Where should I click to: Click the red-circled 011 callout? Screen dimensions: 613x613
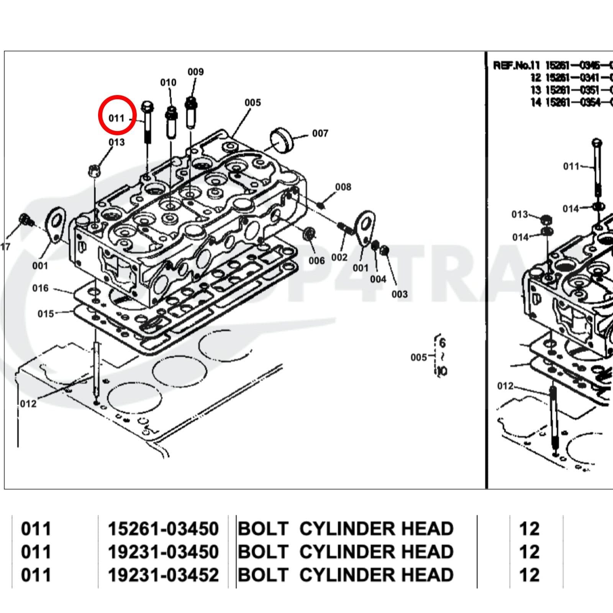[117, 118]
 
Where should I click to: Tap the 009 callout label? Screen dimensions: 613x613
[195, 72]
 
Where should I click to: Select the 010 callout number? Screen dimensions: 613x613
[168, 82]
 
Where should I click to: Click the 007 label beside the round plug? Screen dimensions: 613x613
[320, 133]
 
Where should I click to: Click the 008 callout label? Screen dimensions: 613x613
[343, 187]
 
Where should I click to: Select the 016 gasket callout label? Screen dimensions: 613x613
[40, 288]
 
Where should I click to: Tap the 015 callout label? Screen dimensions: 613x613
[46, 314]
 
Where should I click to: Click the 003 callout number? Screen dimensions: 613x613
[399, 294]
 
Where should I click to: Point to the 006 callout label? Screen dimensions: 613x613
[316, 261]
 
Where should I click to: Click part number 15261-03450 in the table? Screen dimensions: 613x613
[163, 529]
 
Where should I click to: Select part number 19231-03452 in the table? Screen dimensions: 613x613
[163, 575]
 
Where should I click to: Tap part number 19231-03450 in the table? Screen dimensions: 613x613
[163, 552]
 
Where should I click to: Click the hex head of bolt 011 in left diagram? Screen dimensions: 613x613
[148, 105]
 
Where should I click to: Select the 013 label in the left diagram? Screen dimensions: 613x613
[116, 142]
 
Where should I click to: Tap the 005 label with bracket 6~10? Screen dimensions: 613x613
[418, 357]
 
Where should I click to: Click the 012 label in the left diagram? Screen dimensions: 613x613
[28, 403]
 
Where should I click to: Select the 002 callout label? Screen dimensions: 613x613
[339, 257]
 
